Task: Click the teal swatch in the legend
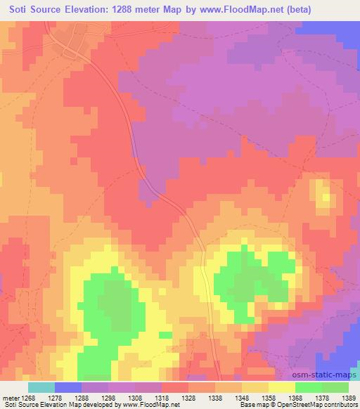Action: [x=41, y=387]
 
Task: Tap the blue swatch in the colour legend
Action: [x=68, y=387]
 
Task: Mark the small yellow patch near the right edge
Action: [x=325, y=195]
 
